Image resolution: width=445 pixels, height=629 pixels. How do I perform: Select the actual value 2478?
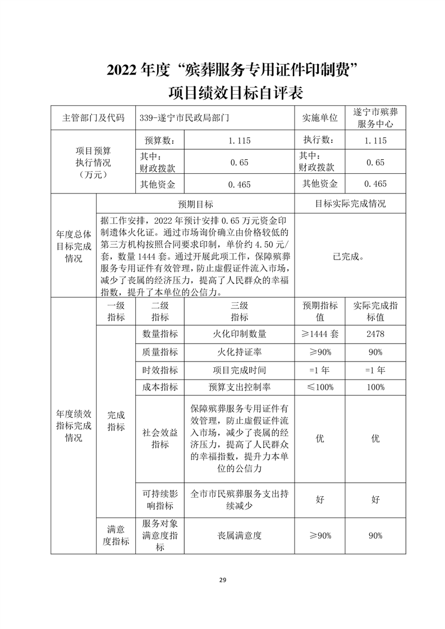(375, 334)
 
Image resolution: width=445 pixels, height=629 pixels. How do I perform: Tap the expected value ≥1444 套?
(320, 334)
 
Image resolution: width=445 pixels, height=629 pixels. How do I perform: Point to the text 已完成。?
(348, 257)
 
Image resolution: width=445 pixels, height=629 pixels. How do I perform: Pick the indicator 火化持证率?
(239, 351)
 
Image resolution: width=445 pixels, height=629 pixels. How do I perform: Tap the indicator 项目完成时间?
(239, 369)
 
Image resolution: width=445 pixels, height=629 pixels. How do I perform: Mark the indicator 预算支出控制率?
(239, 387)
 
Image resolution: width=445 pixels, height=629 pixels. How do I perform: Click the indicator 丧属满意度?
(239, 535)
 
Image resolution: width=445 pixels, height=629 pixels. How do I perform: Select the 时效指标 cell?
(160, 369)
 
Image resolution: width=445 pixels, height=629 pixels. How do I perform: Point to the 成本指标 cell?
(160, 387)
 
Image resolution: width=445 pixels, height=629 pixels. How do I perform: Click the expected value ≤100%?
(320, 387)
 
